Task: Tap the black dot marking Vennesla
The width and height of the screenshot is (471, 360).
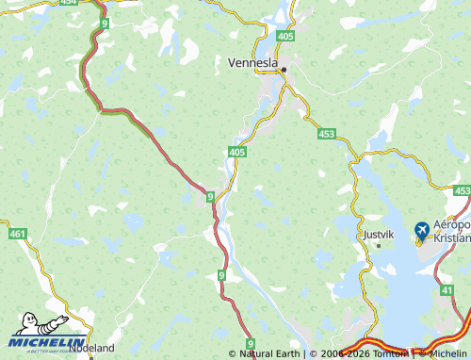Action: coord(283,69)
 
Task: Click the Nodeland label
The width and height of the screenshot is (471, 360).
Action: coord(91,348)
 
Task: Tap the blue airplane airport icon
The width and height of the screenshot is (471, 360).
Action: coord(421,229)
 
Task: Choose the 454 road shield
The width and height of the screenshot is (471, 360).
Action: coord(68,3)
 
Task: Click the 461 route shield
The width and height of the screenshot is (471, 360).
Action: coord(17,233)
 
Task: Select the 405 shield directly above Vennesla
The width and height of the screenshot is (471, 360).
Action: coord(285,36)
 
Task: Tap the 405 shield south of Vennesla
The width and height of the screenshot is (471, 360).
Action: coord(237,151)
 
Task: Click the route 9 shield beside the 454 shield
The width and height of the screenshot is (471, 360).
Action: coord(104,22)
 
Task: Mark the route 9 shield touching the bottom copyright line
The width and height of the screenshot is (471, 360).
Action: coord(251,344)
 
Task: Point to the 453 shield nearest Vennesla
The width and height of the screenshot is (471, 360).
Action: coord(326,135)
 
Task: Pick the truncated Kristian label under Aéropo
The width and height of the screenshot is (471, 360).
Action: coord(451,237)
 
